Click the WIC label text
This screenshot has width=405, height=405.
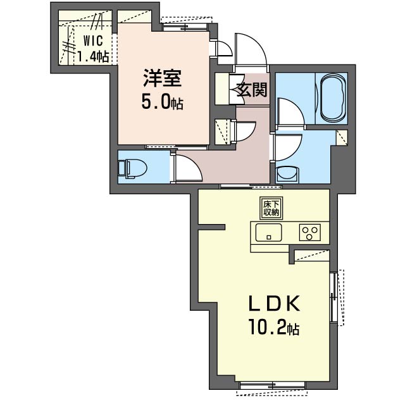click(93, 40)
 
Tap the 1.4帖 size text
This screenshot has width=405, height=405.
click(93, 56)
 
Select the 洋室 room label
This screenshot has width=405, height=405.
click(163, 78)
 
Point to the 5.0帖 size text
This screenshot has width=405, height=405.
click(162, 101)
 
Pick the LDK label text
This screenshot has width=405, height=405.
click(274, 303)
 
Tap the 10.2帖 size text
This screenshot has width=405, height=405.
click(273, 327)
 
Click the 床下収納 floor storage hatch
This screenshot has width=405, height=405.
click(271, 208)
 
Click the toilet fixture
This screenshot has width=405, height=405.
click(132, 169)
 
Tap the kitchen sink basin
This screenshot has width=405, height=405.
click(268, 232)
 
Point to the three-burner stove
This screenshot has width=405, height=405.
click(309, 232)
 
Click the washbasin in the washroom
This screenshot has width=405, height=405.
click(287, 175)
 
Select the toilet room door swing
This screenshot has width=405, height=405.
click(189, 167)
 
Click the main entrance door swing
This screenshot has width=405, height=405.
click(251, 49)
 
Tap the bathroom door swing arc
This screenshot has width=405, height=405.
click(290, 111)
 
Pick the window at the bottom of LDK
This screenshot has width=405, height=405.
click(273, 389)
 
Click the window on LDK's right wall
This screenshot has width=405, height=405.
click(337, 297)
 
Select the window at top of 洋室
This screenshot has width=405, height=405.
click(186, 24)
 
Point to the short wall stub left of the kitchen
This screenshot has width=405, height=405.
click(212, 227)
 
